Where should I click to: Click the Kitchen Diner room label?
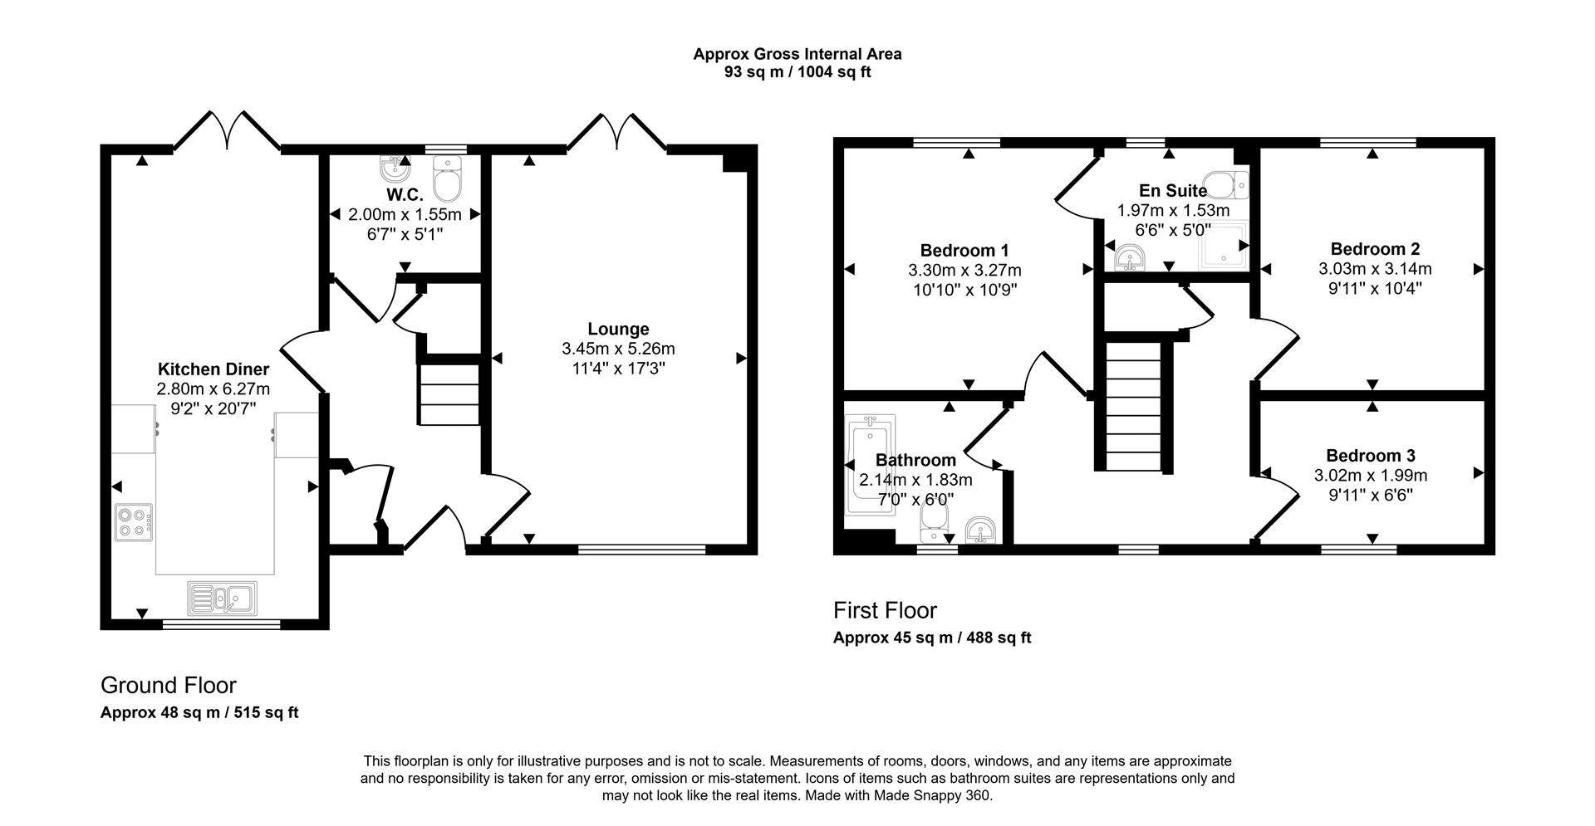(213, 369)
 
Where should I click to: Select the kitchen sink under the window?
(223, 598)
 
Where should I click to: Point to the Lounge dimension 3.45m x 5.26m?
(618, 349)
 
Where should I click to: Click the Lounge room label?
(618, 329)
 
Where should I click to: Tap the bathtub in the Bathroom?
(869, 465)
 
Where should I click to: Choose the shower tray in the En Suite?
(1224, 247)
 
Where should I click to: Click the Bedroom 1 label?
(964, 250)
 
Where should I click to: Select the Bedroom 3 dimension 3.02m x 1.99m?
(1371, 476)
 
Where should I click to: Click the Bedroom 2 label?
(1375, 249)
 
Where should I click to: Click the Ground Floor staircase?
(449, 394)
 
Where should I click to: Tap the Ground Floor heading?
(169, 686)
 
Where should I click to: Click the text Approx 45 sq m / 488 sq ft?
(932, 638)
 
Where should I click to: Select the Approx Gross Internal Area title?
(797, 54)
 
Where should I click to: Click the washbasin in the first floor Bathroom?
(982, 528)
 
